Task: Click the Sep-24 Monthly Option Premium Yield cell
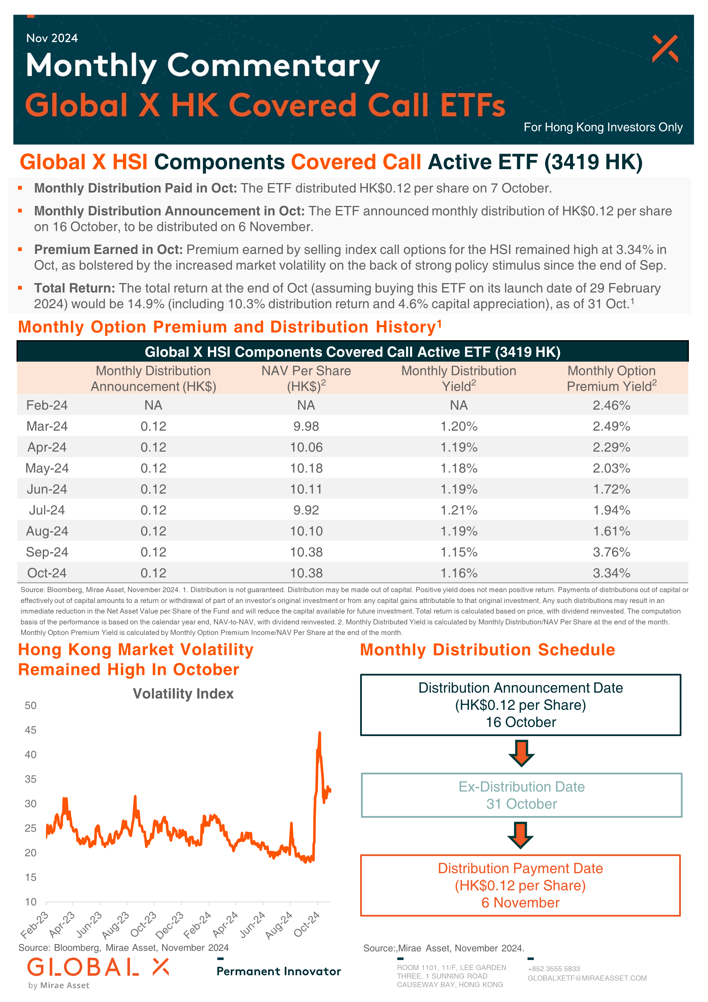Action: (611, 552)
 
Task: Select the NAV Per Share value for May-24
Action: (306, 468)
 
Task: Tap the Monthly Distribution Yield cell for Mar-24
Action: (459, 426)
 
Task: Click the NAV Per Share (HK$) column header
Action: (306, 378)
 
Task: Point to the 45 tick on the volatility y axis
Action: (31, 730)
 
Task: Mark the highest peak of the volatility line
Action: (320, 733)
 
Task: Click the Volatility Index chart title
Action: (183, 694)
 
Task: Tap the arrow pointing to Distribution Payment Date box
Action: (520, 835)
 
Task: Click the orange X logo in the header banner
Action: (665, 49)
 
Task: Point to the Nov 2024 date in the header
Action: (52, 38)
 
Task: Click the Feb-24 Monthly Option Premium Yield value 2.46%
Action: (611, 405)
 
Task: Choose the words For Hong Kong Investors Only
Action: (603, 127)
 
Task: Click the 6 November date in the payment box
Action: (520, 903)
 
